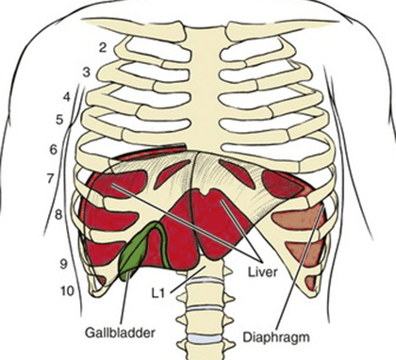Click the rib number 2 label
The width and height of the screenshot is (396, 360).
click(103, 48)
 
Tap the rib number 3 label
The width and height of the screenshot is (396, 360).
click(86, 73)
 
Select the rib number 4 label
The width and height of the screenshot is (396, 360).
click(67, 97)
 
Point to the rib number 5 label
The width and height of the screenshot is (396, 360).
click(59, 120)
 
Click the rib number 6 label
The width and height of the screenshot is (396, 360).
click(54, 150)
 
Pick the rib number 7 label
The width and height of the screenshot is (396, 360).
click(51, 179)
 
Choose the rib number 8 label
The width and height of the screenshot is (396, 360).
click(58, 215)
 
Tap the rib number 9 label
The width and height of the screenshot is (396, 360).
click(63, 264)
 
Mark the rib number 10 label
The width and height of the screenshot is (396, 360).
click(67, 291)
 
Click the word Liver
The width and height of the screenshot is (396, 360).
click(263, 272)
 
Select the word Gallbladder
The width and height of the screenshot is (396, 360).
click(121, 333)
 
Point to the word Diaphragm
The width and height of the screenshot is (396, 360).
click(276, 337)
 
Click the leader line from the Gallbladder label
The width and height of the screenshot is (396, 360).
click(124, 299)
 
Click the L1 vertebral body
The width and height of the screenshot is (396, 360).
click(208, 270)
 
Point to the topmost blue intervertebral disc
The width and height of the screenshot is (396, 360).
click(206, 281)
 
